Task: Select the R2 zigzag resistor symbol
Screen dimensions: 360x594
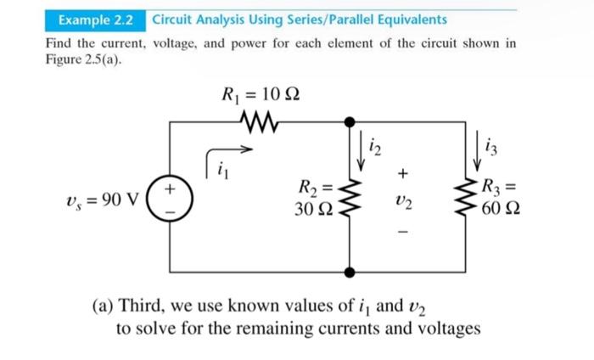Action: [349, 197]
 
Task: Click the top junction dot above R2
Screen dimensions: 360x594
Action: [349, 124]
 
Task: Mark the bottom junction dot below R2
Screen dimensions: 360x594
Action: [349, 272]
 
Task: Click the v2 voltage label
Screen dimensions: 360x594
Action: [403, 203]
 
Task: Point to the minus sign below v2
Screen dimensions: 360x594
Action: [404, 231]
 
